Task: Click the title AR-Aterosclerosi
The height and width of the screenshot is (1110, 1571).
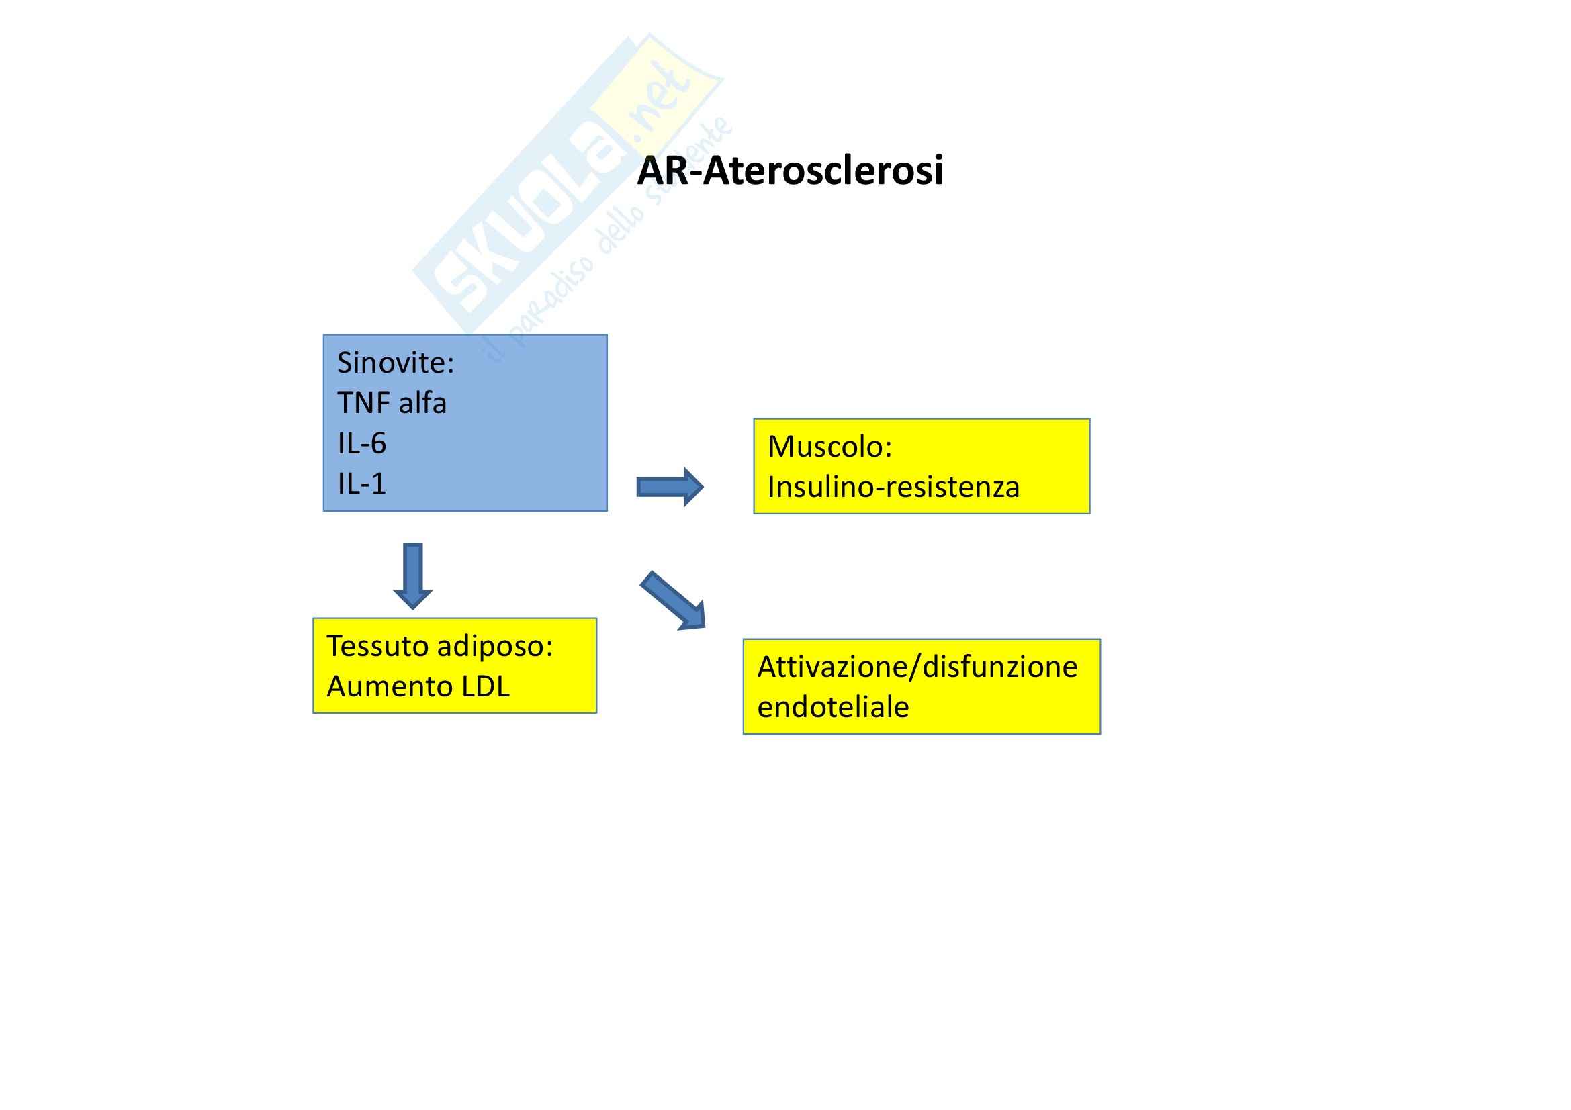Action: (790, 171)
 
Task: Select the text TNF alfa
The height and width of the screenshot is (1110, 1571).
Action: (392, 404)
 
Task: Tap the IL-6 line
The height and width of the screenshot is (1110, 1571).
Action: (362, 444)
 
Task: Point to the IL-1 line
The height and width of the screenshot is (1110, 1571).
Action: (362, 484)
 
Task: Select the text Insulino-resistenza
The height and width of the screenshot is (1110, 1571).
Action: (893, 488)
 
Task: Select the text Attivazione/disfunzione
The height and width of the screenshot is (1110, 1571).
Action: (917, 667)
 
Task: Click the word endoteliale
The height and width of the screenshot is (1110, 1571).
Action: (833, 708)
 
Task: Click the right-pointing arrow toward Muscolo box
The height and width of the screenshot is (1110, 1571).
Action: (670, 487)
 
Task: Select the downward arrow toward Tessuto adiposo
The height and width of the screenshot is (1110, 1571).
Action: (412, 575)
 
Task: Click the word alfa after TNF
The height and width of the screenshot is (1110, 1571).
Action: (422, 404)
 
